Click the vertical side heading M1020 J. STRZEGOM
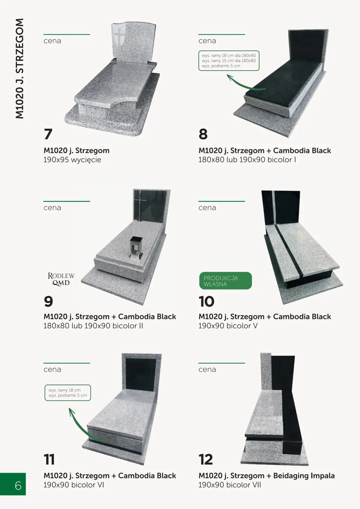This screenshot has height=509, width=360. [20, 68]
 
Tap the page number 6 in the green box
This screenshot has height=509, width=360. [18, 486]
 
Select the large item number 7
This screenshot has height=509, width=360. [48, 134]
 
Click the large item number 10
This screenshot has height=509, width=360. [206, 301]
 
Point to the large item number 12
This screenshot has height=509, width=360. [206, 459]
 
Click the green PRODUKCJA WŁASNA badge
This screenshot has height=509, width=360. [225, 281]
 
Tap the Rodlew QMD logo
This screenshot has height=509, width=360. [61, 279]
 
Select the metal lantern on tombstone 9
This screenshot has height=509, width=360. [136, 247]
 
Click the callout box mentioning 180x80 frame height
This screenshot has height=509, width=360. [229, 61]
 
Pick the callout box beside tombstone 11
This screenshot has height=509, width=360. [68, 393]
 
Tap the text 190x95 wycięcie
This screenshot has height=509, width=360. [72, 160]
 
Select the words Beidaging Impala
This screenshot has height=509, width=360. [304, 476]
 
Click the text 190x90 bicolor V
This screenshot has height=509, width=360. [228, 326]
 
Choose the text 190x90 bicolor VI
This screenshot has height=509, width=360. [74, 485]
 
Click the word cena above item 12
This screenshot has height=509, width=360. [207, 369]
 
